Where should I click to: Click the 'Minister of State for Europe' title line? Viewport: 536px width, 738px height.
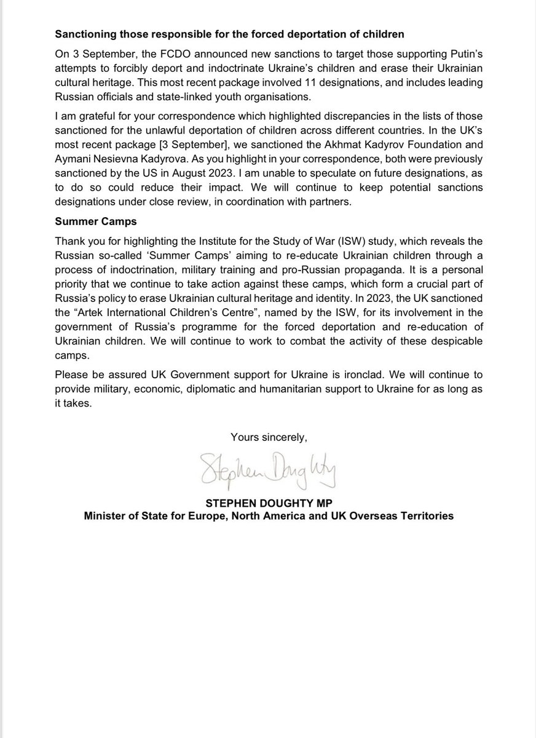tap(269, 516)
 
